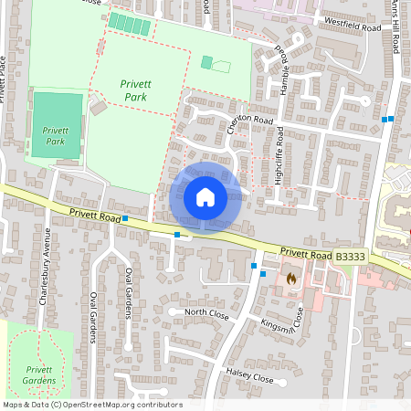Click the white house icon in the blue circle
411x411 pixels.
point(205,196)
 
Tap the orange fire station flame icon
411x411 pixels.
point(291,278)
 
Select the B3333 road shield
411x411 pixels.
point(350,258)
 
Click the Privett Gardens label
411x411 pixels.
point(35,374)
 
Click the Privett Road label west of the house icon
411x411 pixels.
point(95,216)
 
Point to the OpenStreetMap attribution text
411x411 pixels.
point(92,405)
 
